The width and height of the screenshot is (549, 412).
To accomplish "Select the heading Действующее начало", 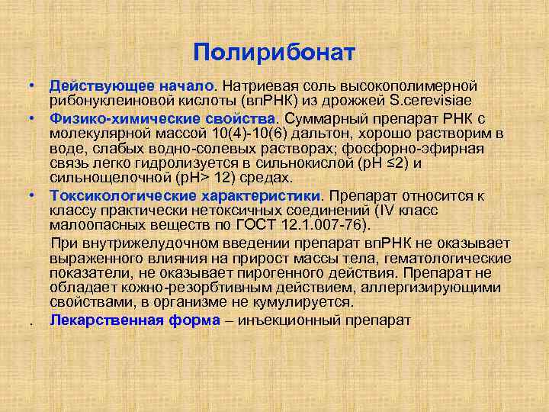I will pos(133,86).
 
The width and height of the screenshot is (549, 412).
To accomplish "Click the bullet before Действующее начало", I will pos(34,86).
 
